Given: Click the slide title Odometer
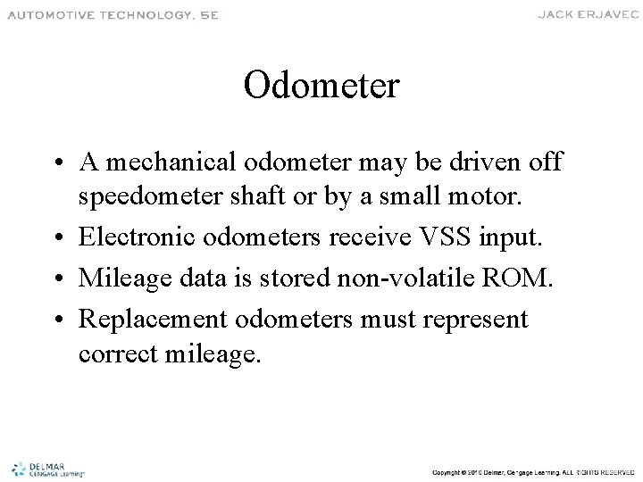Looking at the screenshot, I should (x=321, y=87).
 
